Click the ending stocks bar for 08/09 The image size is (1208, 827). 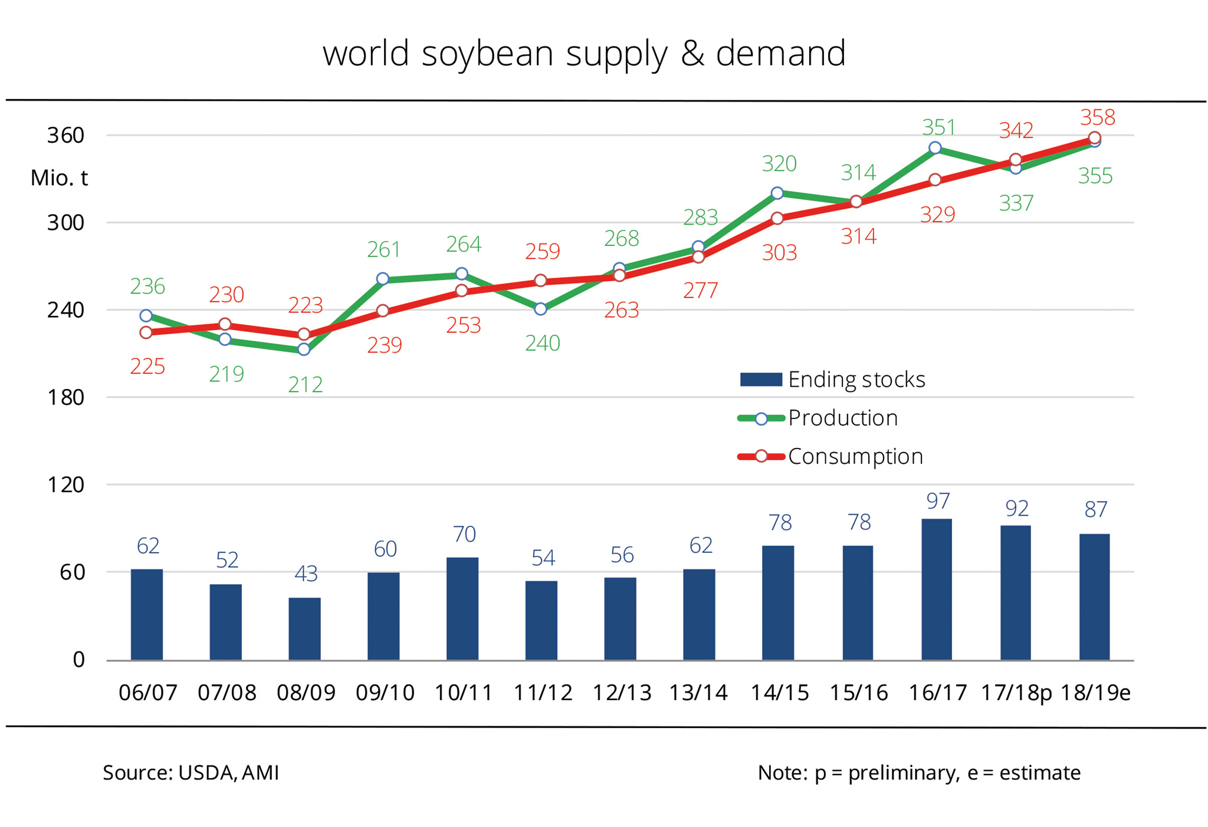(304, 628)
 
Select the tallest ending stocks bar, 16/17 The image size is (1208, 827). (936, 589)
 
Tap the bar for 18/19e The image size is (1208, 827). (1094, 597)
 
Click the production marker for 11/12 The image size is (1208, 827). (540, 309)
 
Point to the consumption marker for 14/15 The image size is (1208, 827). (777, 219)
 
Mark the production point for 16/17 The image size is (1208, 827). (935, 148)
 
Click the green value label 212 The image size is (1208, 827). (305, 385)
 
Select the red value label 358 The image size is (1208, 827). (1097, 117)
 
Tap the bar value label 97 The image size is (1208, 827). (938, 501)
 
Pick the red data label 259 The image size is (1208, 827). (542, 252)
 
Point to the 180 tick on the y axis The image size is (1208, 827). (66, 397)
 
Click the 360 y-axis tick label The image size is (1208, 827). (66, 136)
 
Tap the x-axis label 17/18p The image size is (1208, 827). (1016, 693)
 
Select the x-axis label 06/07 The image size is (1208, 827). (147, 693)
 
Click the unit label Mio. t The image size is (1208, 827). (59, 178)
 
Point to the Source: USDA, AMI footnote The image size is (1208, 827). (191, 773)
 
